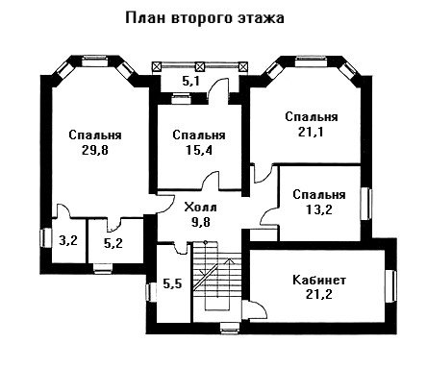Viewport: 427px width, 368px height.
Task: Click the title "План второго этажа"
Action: pyautogui.click(x=205, y=18)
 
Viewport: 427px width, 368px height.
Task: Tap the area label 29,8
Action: pyautogui.click(x=95, y=150)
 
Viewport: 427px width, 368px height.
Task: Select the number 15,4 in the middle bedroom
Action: pyautogui.click(x=199, y=150)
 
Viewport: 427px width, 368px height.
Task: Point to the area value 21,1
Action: pyautogui.click(x=311, y=132)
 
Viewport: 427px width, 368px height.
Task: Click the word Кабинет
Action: pyautogui.click(x=319, y=280)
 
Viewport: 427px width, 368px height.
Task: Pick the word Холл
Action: pyautogui.click(x=201, y=208)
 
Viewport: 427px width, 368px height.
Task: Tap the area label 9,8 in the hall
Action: pyautogui.click(x=201, y=222)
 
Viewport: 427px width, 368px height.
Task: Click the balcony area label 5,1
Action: pyautogui.click(x=191, y=81)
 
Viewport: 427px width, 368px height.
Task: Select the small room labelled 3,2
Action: pyautogui.click(x=68, y=240)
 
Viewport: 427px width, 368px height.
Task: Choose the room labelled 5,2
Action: pyautogui.click(x=113, y=244)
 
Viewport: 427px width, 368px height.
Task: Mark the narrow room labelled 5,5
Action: pyautogui.click(x=172, y=283)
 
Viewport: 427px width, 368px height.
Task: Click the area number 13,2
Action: pyautogui.click(x=319, y=209)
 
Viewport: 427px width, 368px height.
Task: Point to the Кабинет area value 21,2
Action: pyautogui.click(x=319, y=294)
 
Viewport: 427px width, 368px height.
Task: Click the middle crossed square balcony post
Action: pyautogui.click(x=200, y=66)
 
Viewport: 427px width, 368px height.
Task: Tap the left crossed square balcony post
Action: pyautogui.click(x=157, y=66)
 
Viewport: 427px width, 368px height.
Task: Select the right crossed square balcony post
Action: pyautogui.click(x=243, y=66)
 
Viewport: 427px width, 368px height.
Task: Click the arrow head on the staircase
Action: pyautogui.click(x=230, y=260)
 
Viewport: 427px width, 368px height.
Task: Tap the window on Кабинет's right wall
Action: pyautogui.click(x=390, y=285)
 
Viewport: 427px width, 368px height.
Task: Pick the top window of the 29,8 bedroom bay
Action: pyautogui.click(x=94, y=61)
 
